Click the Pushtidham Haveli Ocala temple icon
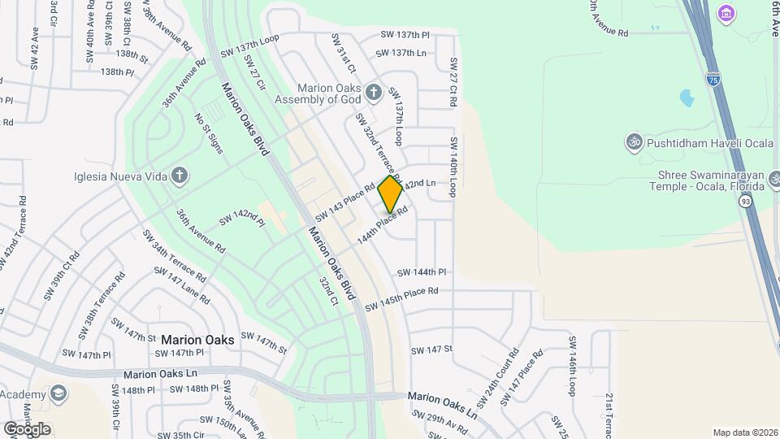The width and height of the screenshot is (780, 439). click(632, 142)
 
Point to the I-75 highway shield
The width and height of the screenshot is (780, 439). click(713, 79)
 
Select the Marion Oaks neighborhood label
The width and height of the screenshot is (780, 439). click(197, 340)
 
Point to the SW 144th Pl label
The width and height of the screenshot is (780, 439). click(422, 272)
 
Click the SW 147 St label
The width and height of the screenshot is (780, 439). click(431, 350)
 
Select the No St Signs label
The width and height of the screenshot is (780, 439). click(208, 132)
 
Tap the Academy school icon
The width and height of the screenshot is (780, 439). click(58, 393)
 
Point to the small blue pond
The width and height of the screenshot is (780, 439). click(687, 99)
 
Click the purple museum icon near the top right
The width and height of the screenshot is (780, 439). click(726, 14)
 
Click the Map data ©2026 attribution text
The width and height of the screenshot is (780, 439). click(745, 432)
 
